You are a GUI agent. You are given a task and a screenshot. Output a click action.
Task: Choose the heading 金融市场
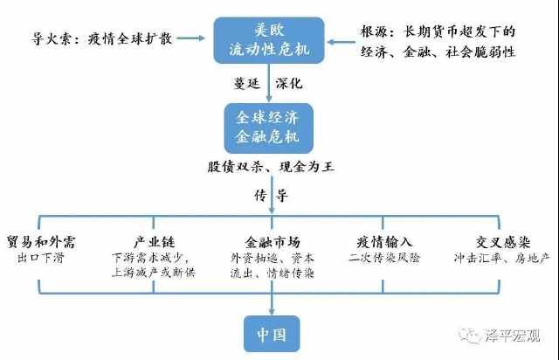click(x=269, y=242)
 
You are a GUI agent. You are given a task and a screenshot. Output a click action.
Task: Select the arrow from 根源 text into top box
click(x=341, y=38)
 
